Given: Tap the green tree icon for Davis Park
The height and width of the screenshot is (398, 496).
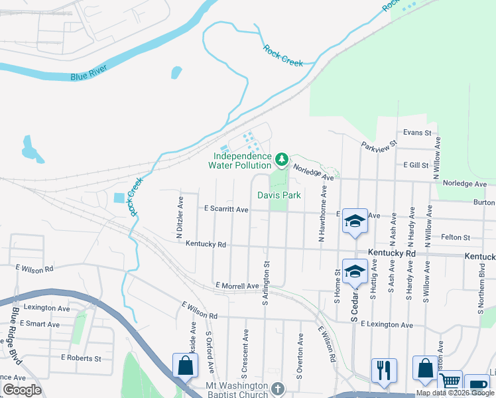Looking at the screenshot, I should click(x=282, y=159).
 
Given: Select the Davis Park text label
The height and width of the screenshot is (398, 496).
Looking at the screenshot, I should click(x=279, y=195).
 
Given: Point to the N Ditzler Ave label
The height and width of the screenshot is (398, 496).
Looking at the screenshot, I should click(x=180, y=216).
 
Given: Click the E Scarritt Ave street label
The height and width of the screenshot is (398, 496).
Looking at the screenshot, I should click(x=225, y=210).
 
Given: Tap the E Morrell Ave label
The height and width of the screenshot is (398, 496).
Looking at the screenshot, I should click(x=237, y=286).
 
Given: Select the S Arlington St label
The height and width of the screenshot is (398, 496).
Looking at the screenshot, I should click(x=265, y=283).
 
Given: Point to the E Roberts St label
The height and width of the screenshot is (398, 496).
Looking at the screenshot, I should click(x=78, y=358).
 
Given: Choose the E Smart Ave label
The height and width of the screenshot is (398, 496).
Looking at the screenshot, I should click(x=40, y=324).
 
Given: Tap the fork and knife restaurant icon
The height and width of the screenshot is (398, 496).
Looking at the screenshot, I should click(x=384, y=370).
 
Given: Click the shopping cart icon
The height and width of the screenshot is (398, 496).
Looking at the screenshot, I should click(x=450, y=381).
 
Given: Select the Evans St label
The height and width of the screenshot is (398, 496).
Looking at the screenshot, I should click(x=416, y=133).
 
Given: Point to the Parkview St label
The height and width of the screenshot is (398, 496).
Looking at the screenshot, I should click(x=379, y=144).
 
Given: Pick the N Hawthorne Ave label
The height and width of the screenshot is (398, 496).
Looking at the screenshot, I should click(x=323, y=213).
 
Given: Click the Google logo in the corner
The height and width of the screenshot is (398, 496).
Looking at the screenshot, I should click(x=22, y=390).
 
